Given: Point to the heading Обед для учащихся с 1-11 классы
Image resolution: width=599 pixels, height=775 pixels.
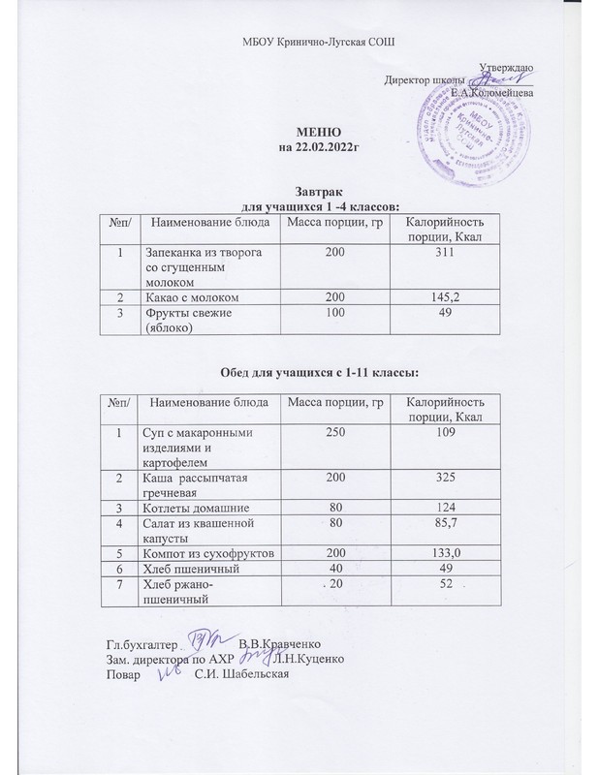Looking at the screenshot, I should click(x=320, y=372).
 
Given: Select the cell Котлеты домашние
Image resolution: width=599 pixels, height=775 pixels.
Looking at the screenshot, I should click(x=196, y=508).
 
